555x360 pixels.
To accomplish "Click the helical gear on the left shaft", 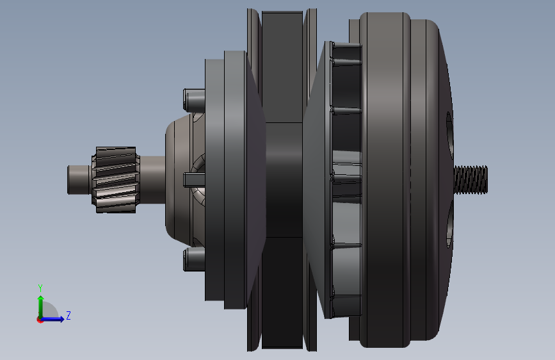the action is point(116,180).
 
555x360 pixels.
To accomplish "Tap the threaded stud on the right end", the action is point(471,179).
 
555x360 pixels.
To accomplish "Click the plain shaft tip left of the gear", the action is point(79,179).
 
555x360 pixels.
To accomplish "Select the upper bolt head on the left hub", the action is point(194,99).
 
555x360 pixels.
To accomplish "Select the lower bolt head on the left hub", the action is point(194,259).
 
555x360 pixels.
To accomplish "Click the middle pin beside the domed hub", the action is point(194,180).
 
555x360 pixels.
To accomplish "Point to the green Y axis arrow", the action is point(41,307).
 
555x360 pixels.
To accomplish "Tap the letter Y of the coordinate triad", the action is point(40,288).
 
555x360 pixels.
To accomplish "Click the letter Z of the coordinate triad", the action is point(68,315).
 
